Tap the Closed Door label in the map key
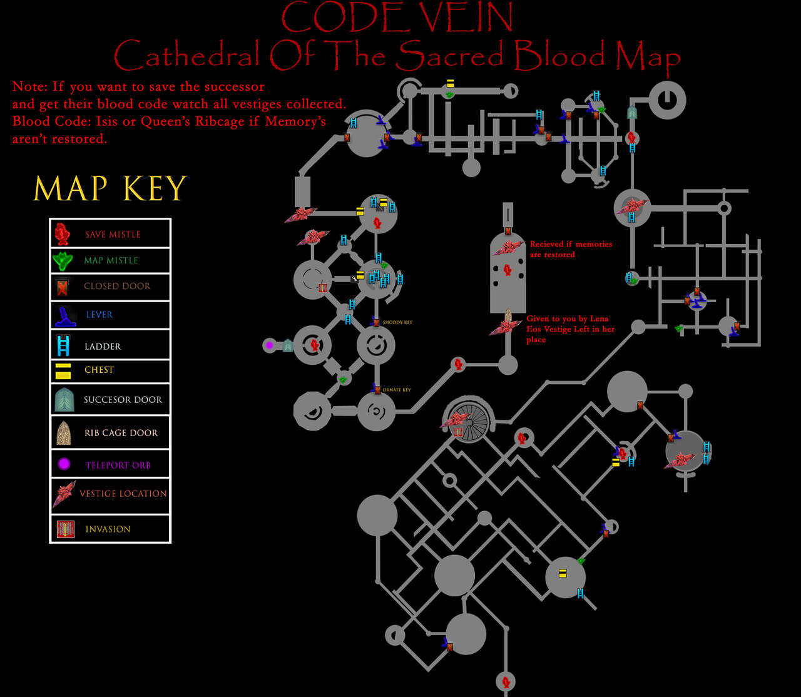pyautogui.click(x=117, y=286)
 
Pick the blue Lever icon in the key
pyautogui.click(x=64, y=315)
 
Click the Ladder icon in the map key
pyautogui.click(x=63, y=346)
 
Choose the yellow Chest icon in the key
pyautogui.click(x=63, y=370)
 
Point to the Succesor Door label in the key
pyautogui.click(x=123, y=399)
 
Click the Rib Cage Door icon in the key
pyautogui.click(x=63, y=432)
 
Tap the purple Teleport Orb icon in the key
pyautogui.click(x=63, y=464)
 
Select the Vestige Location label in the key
pyautogui.click(x=123, y=494)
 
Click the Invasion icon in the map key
pyautogui.click(x=65, y=529)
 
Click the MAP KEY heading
pyautogui.click(x=110, y=188)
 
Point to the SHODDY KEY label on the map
pyautogui.click(x=397, y=323)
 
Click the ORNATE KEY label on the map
pyautogui.click(x=397, y=390)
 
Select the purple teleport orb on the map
pyautogui.click(x=270, y=345)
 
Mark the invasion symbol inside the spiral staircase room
pyautogui.click(x=458, y=432)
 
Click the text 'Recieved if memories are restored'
pyautogui.click(x=571, y=249)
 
